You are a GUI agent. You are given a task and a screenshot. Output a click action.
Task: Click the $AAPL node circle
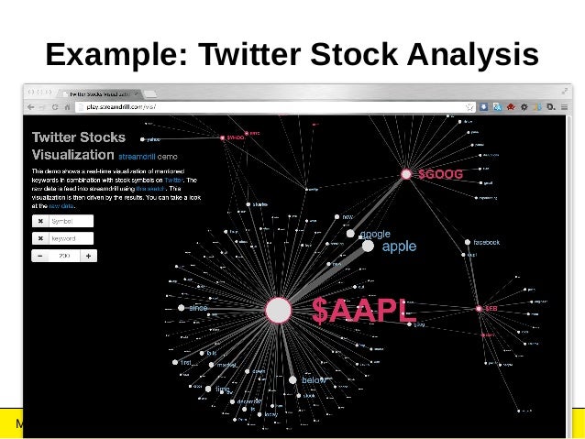click(x=278, y=310)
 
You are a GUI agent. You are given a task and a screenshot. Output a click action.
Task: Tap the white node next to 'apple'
click(x=368, y=246)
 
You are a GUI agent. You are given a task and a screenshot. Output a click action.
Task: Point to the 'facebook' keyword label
click(x=486, y=242)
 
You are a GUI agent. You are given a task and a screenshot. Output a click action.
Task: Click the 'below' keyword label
click(x=315, y=379)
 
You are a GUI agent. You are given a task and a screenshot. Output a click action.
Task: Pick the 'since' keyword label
click(x=198, y=308)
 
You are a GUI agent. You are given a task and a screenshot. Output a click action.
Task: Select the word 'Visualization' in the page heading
click(x=73, y=155)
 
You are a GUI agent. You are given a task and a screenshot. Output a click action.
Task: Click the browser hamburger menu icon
click(x=563, y=107)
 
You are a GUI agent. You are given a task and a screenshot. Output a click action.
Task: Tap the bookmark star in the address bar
click(x=469, y=107)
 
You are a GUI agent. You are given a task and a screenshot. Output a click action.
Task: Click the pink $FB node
click(x=478, y=309)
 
